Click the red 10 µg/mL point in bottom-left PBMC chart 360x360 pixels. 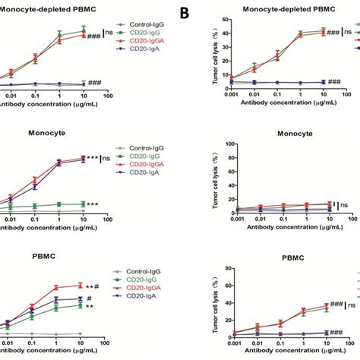pos(81,286)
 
